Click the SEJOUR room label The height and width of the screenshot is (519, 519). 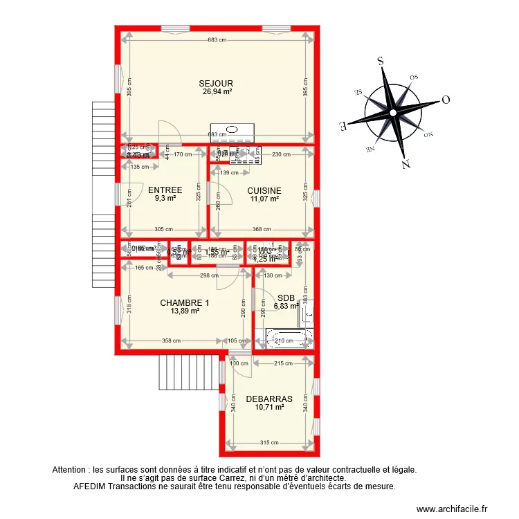tap(217, 82)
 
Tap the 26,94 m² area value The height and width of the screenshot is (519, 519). tap(217, 91)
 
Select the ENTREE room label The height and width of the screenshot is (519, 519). tap(165, 190)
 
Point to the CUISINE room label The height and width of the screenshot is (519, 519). tap(264, 190)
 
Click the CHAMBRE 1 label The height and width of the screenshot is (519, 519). tap(184, 302)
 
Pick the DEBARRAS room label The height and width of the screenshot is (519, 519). tap(269, 399)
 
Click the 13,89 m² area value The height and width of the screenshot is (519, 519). tap(184, 311)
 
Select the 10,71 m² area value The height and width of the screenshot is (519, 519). tap(269, 408)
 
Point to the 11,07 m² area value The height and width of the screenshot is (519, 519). tap(264, 199)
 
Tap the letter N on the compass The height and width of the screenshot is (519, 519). tap(406, 164)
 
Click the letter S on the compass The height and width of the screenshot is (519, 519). tap(380, 60)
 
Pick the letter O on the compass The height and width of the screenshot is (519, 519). tap(446, 99)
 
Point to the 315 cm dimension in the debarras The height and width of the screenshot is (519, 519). tap(270, 443)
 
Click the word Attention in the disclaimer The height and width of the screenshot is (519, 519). tap(70, 469)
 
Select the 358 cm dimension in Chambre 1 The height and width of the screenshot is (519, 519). tap(171, 340)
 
